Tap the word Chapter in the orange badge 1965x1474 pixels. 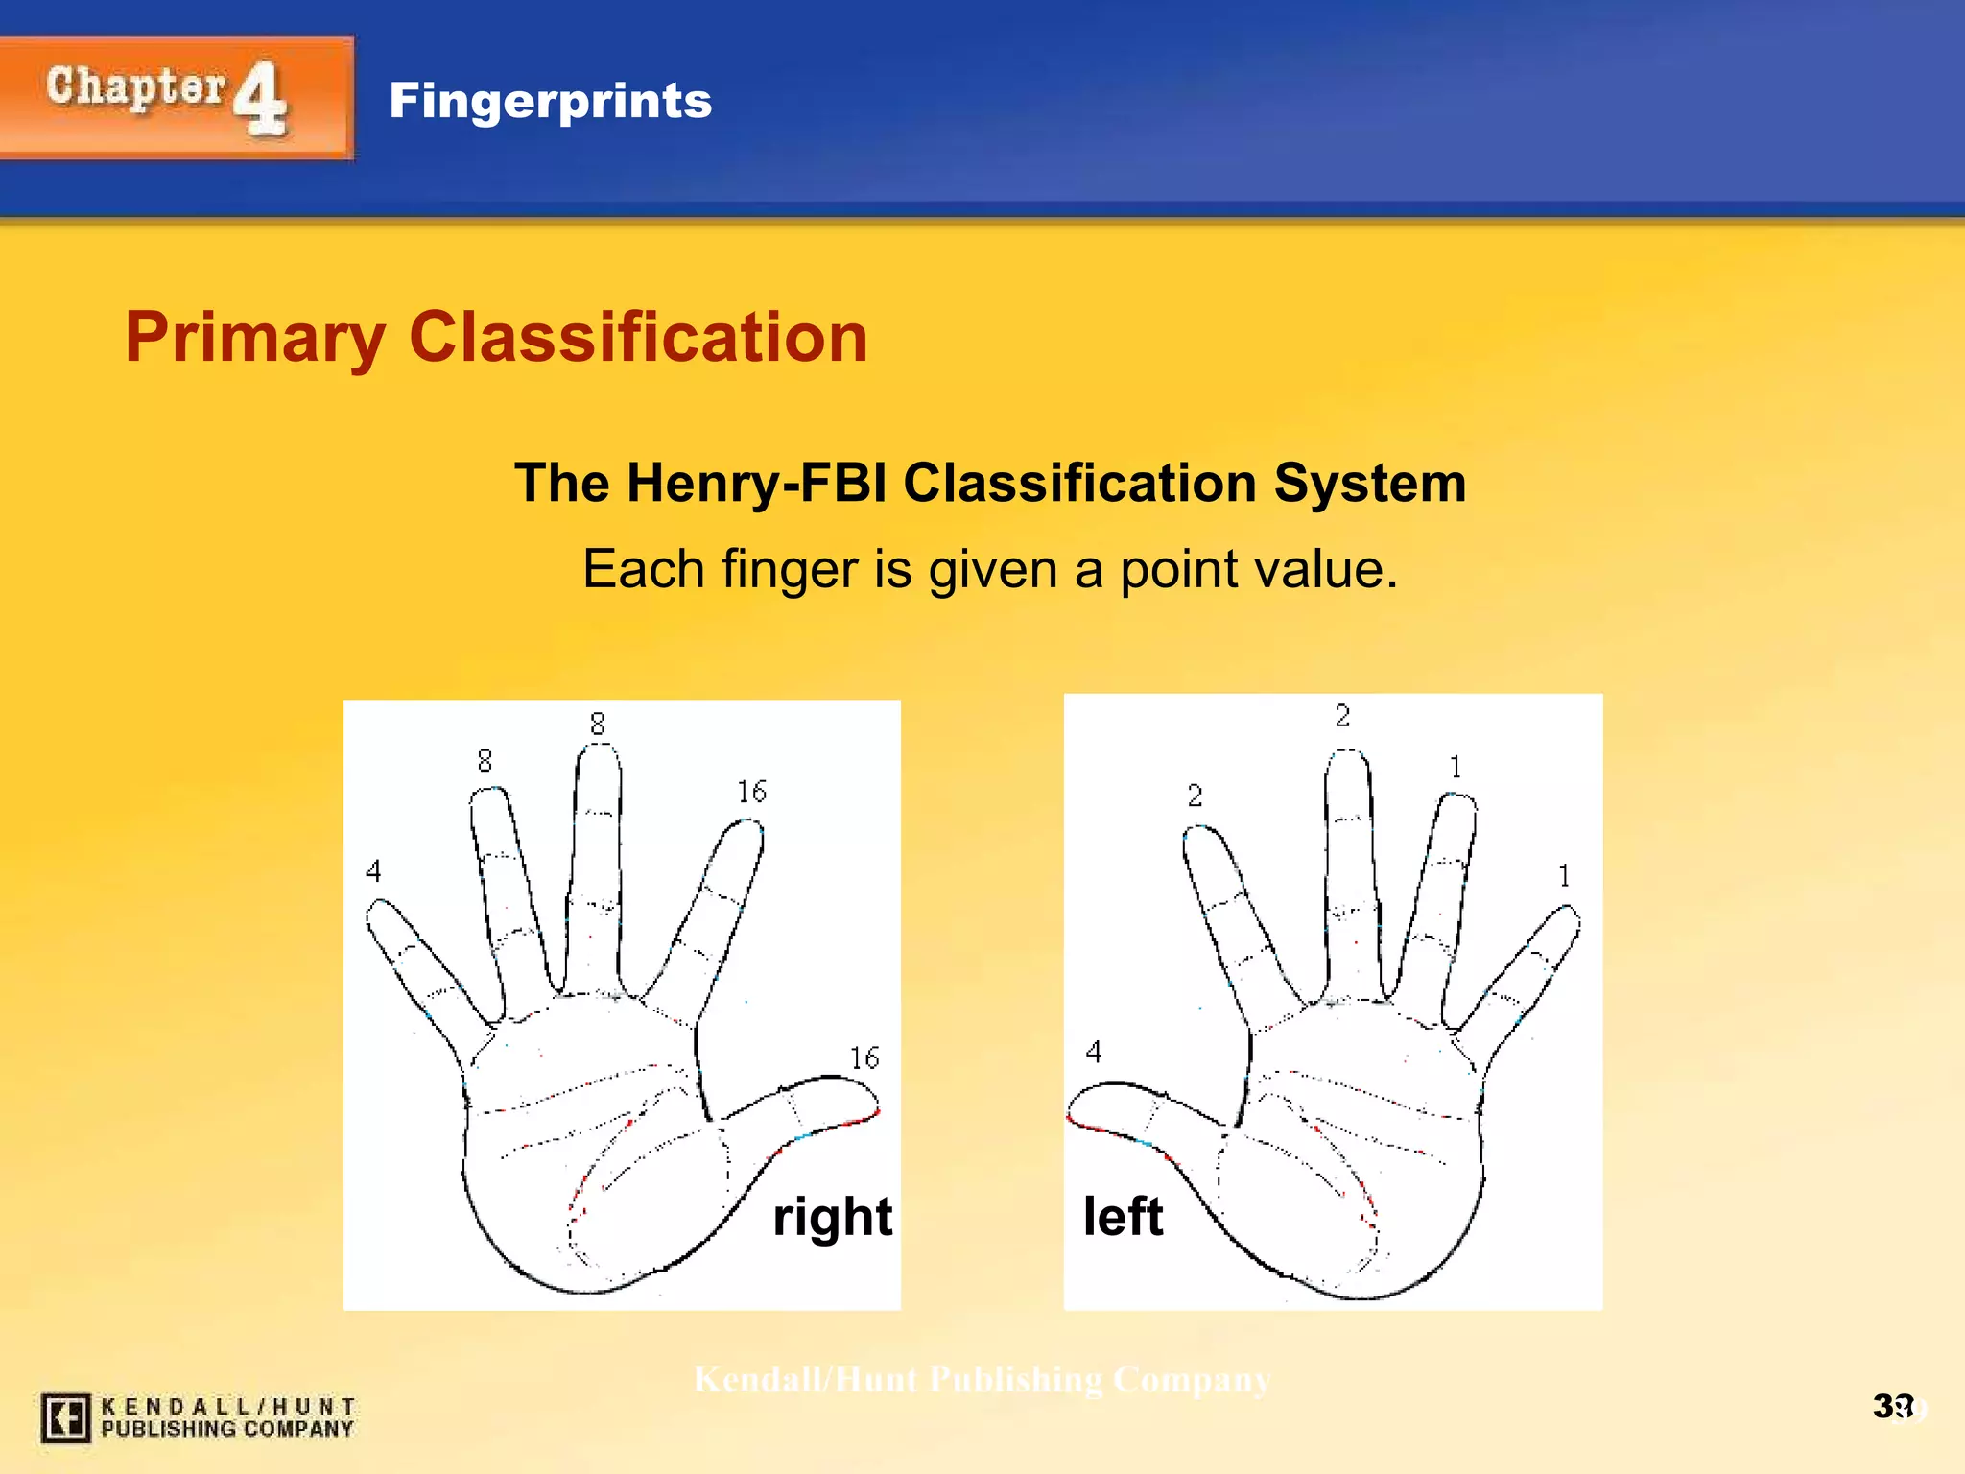[135, 87]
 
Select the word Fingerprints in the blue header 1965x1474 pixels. [550, 101]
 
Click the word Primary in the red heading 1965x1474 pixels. [255, 338]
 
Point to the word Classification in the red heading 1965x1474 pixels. [638, 338]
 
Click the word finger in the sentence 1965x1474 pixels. [789, 570]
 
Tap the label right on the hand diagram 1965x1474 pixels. [832, 1217]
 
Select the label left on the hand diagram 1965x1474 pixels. [1123, 1217]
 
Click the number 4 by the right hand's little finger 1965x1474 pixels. [373, 870]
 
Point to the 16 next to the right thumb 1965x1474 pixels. [864, 1058]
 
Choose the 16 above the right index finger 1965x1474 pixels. [751, 792]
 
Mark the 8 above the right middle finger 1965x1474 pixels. [597, 724]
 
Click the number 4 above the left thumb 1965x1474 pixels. [1093, 1052]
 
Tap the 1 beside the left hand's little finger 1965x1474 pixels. [1564, 875]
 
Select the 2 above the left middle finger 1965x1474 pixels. [1342, 715]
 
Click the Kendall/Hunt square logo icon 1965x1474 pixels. [65, 1417]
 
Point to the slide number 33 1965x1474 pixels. [1892, 1407]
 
